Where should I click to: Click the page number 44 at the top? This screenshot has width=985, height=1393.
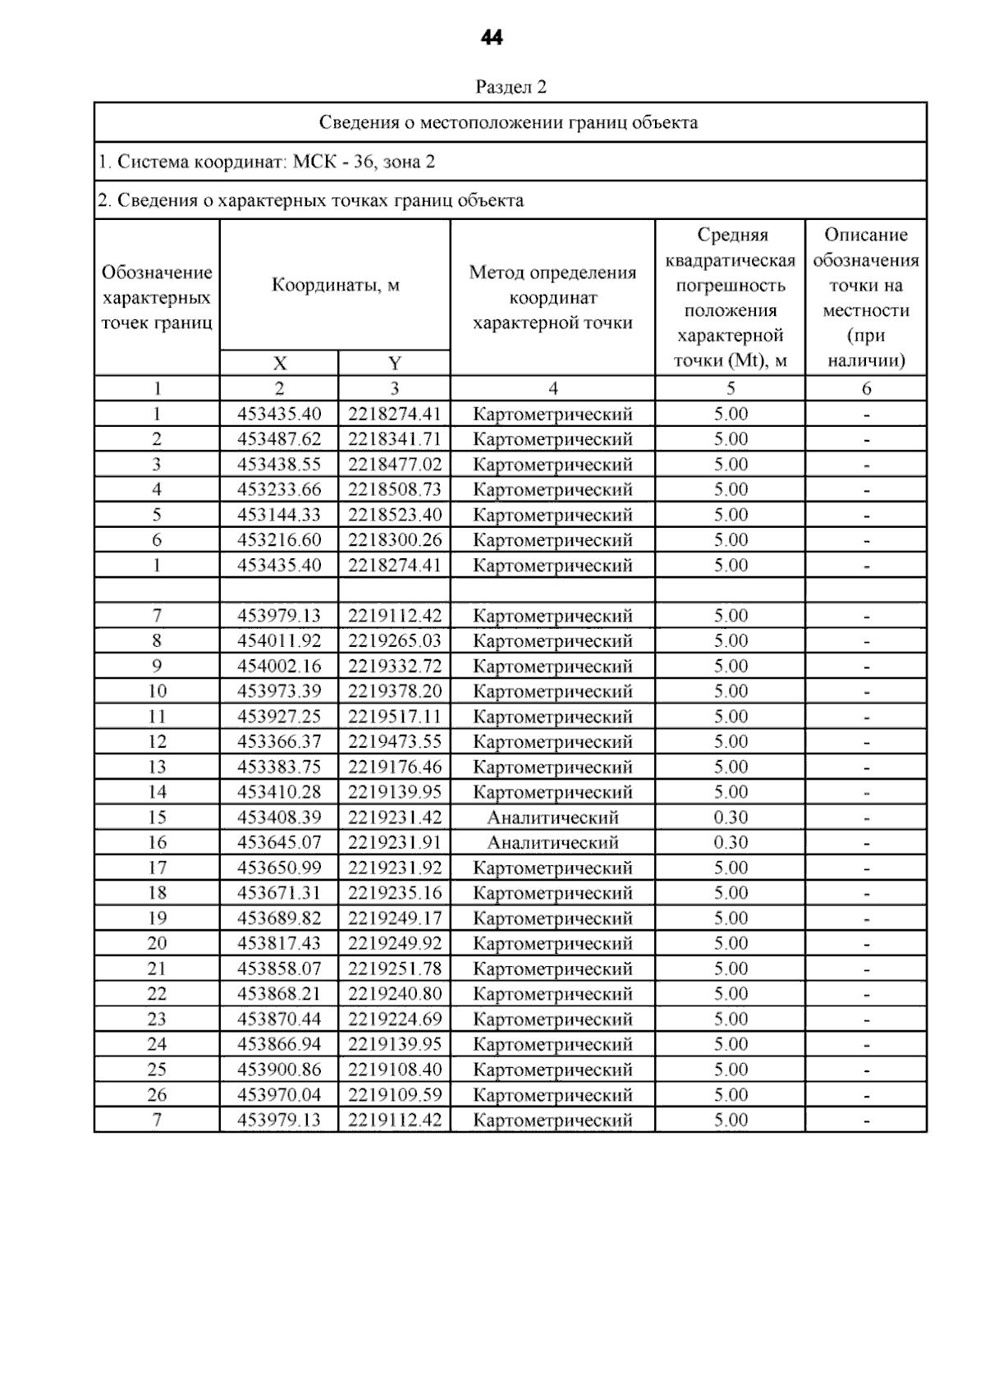491,38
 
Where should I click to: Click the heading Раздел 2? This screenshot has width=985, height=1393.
511,87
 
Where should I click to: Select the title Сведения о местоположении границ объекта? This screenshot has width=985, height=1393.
508,123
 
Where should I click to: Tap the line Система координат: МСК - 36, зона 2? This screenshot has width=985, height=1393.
267,162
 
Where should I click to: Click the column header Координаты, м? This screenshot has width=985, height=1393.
335,286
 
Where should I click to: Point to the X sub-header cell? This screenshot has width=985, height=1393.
279,364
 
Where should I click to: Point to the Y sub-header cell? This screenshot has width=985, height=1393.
394,364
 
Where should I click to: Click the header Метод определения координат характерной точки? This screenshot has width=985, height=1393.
552,297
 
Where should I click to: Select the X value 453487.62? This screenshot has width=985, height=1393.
279,439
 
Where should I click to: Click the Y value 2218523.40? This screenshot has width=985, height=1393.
394,515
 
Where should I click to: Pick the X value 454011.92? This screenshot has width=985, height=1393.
279,641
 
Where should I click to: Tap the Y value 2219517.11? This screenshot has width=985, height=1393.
394,717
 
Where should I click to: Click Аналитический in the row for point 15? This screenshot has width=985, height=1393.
552,818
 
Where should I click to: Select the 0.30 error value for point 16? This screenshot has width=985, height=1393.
731,842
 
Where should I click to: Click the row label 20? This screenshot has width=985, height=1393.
157,943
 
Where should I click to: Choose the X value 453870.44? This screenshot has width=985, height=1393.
279,1019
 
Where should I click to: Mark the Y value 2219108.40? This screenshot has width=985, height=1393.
394,1070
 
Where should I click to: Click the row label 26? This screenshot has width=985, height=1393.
157,1095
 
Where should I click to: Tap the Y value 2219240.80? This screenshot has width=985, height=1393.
394,994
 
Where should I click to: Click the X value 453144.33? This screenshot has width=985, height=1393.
279,515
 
